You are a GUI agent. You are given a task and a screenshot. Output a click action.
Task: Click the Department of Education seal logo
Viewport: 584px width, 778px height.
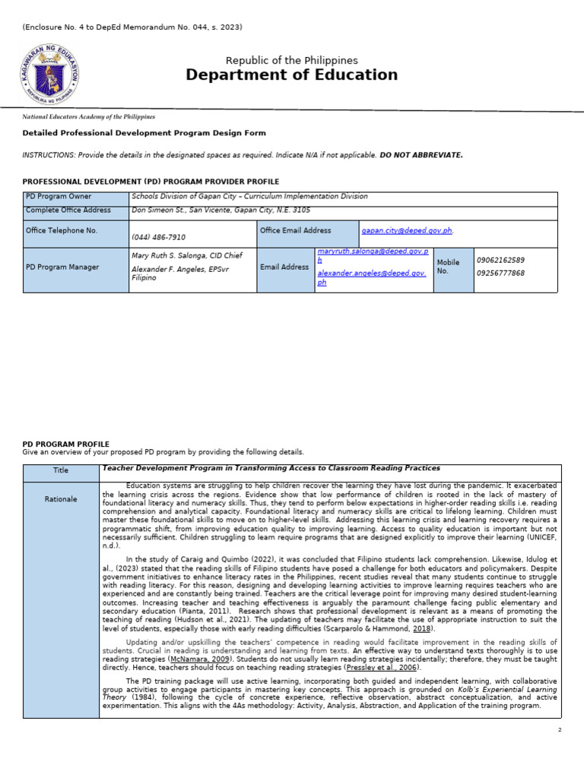click(x=49, y=74)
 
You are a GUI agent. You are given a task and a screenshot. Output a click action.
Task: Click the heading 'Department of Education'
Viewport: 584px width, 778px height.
click(x=291, y=74)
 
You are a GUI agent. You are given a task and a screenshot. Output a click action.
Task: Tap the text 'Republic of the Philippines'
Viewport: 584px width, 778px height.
click(x=291, y=60)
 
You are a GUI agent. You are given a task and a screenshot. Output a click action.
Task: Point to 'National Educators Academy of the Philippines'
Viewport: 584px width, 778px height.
click(x=89, y=117)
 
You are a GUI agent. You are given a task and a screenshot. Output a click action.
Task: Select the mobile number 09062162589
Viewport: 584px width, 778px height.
click(x=500, y=260)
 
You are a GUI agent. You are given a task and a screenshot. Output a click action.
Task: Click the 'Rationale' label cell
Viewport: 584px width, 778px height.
click(x=61, y=499)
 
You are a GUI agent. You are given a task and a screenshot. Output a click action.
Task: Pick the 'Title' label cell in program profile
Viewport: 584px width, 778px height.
click(x=61, y=470)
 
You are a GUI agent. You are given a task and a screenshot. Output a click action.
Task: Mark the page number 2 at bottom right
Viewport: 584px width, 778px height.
click(x=559, y=729)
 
